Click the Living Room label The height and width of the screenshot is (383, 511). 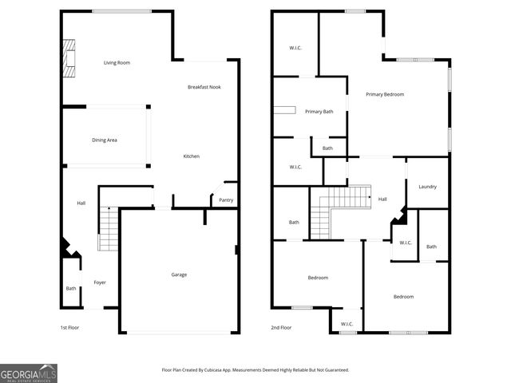[117, 62]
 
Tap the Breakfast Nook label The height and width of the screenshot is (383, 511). [204, 86]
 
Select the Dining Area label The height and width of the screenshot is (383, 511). [105, 140]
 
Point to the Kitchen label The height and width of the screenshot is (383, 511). [192, 156]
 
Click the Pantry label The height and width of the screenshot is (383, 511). [226, 200]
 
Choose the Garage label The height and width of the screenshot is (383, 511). [179, 274]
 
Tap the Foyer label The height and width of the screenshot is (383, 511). [100, 282]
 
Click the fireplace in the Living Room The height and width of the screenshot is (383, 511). [69, 57]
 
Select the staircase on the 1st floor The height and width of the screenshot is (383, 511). [107, 228]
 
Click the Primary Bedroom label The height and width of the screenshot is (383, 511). [385, 94]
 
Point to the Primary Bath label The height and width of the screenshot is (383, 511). [319, 112]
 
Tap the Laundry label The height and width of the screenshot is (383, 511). [427, 187]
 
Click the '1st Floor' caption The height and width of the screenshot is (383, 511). [69, 328]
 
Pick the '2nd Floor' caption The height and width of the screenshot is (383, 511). [280, 328]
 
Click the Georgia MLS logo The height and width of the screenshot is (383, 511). [29, 373]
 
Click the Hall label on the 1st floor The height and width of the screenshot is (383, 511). [81, 203]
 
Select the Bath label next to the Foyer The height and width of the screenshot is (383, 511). [71, 288]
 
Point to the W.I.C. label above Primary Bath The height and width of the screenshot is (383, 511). [295, 49]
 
